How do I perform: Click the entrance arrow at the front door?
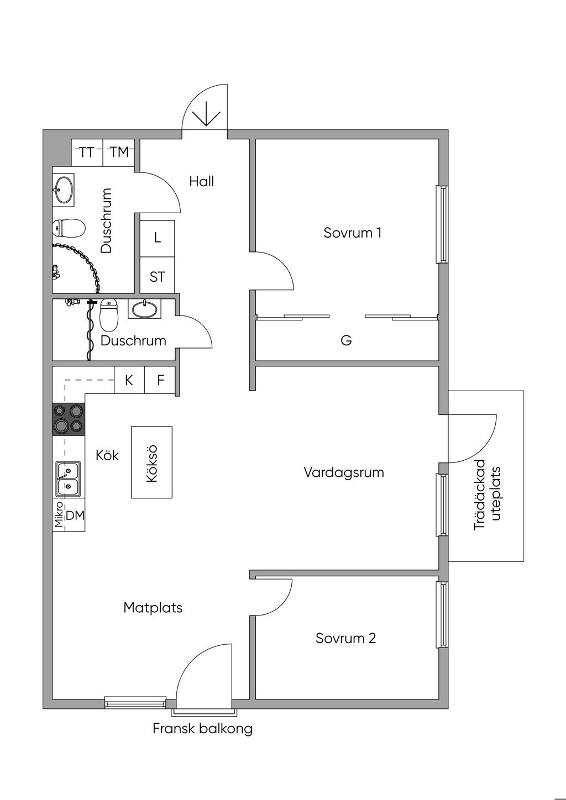click(206, 114)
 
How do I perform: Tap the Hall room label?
click(202, 181)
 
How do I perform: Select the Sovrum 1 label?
click(352, 233)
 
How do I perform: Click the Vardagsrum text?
click(344, 472)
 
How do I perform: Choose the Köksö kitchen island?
click(151, 462)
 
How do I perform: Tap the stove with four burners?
click(69, 419)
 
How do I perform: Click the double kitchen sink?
click(68, 479)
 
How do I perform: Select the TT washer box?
click(87, 152)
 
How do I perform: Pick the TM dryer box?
click(119, 152)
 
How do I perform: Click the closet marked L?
click(157, 239)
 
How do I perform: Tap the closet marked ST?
click(157, 275)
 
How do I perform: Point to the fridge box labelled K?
click(129, 380)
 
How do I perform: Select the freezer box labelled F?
click(160, 380)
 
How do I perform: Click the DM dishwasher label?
click(75, 515)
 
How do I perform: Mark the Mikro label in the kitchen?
click(59, 515)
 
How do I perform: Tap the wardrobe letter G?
click(346, 340)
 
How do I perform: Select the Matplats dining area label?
click(153, 608)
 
